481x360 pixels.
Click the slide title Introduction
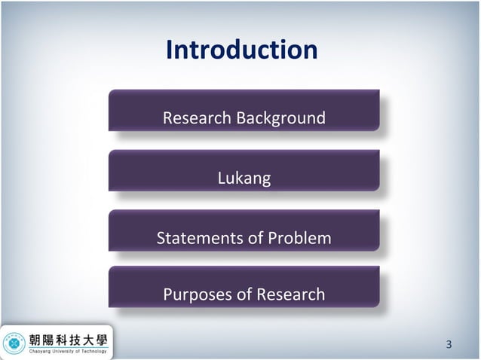(241, 50)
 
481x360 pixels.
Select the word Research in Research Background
(198, 118)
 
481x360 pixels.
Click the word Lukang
(244, 179)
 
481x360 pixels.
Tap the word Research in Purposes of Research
(290, 294)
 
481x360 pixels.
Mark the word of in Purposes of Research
(245, 294)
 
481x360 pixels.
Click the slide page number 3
(449, 345)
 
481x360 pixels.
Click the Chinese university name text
(68, 338)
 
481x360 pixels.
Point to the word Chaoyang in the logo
(41, 351)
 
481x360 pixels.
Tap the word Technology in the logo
(97, 351)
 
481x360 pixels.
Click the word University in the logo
(66, 351)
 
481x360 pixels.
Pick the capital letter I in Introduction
(169, 50)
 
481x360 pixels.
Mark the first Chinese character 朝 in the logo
(35, 338)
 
